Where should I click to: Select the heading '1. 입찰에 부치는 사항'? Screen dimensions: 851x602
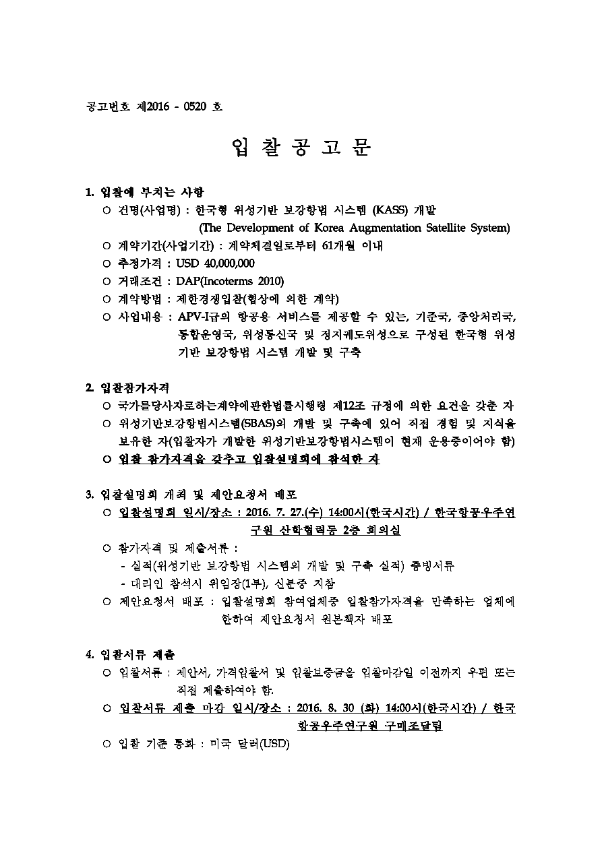tap(145, 192)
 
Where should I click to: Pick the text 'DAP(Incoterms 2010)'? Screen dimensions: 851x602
tap(230, 281)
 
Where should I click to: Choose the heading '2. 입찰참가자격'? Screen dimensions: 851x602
tap(127, 388)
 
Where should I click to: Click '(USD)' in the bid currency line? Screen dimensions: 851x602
tap(274, 744)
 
